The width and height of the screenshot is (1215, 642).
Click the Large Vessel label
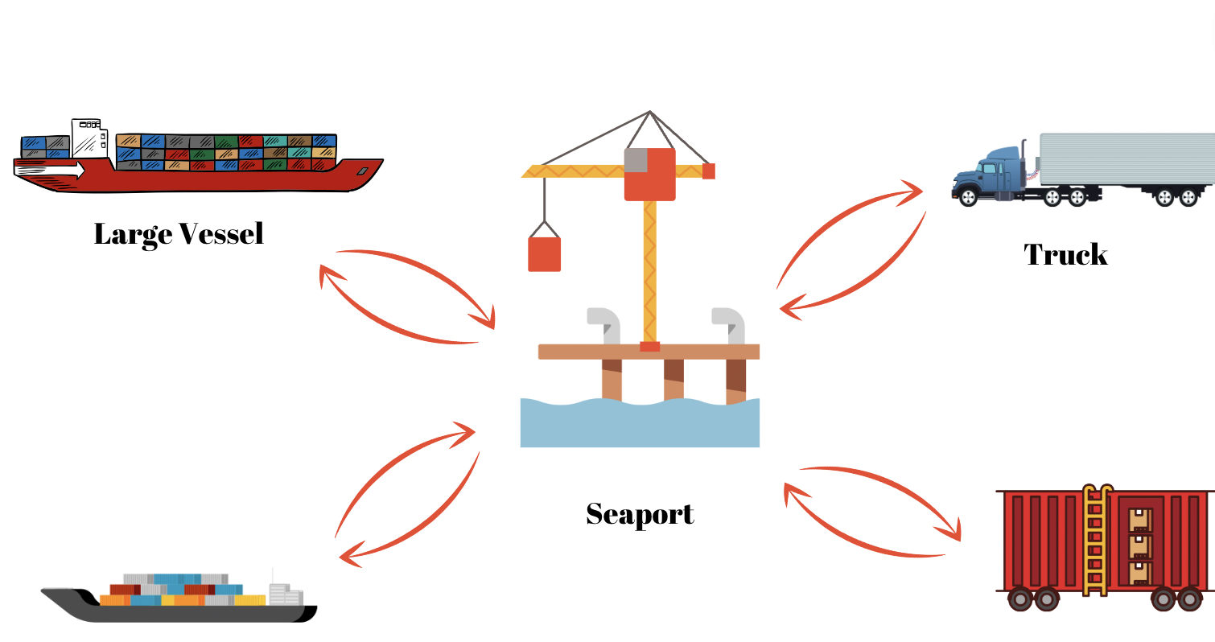[x=179, y=234]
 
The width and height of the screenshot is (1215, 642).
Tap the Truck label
[x=1065, y=255]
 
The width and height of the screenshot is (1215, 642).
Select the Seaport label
[x=640, y=513]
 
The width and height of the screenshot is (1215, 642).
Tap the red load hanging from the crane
[x=544, y=253]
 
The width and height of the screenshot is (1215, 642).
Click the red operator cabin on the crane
[x=650, y=173]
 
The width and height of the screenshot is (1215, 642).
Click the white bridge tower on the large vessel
[x=88, y=138]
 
